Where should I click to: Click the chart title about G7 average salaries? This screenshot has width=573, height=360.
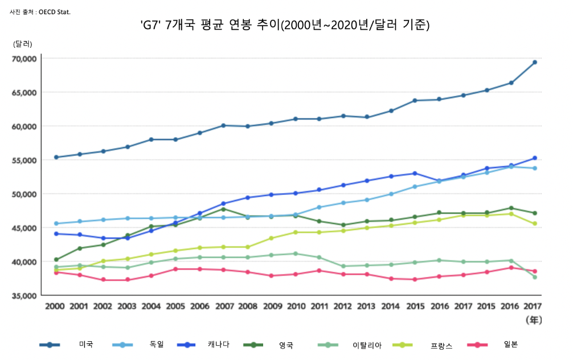[x=285, y=25]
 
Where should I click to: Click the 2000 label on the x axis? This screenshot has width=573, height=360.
[x=55, y=306]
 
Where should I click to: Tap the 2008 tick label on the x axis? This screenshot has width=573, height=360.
[x=247, y=306]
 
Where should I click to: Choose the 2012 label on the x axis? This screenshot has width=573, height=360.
[x=343, y=306]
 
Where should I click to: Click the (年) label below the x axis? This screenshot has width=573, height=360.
[x=533, y=320]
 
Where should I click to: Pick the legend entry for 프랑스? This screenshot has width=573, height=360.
[x=422, y=345]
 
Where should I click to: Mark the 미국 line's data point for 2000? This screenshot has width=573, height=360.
[x=56, y=157]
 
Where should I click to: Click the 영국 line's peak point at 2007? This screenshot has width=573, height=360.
[x=223, y=209]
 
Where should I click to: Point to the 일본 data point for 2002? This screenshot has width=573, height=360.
[x=104, y=280]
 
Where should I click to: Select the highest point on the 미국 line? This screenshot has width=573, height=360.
[x=535, y=62]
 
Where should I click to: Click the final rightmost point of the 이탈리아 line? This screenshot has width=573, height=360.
[x=535, y=277]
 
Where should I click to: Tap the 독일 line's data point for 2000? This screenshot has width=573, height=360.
[x=56, y=223]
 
